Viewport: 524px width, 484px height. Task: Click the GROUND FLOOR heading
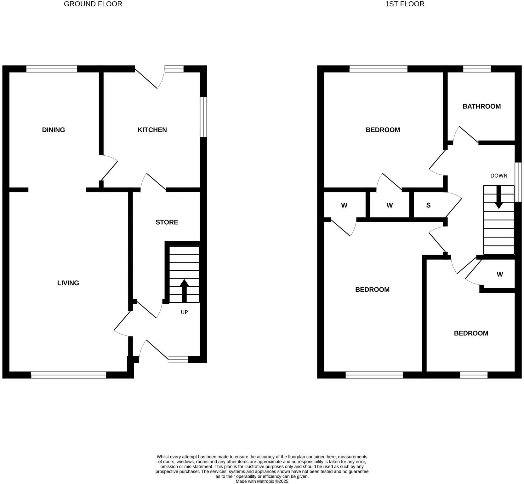pyautogui.click(x=93, y=4)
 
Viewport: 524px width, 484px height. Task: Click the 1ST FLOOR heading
pyautogui.click(x=405, y=4)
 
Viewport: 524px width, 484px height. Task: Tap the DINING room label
pyautogui.click(x=54, y=130)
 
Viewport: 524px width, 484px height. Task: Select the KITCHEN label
pyautogui.click(x=152, y=130)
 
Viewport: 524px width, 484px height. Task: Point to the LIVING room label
pyautogui.click(x=68, y=283)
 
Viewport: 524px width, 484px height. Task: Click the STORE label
pyautogui.click(x=167, y=222)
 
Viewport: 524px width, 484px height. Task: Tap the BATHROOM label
pyautogui.click(x=481, y=107)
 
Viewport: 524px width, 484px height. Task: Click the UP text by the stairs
pyautogui.click(x=184, y=312)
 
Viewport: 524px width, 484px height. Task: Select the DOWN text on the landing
pyautogui.click(x=499, y=176)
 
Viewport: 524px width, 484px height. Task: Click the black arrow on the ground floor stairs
pyautogui.click(x=184, y=290)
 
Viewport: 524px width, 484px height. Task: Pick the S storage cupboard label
pyautogui.click(x=428, y=205)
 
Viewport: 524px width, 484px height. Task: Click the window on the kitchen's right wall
pyautogui.click(x=204, y=117)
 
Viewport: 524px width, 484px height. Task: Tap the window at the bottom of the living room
pyautogui.click(x=69, y=375)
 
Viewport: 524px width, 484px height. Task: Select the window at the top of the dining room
pyautogui.click(x=52, y=69)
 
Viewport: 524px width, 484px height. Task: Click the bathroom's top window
pyautogui.click(x=477, y=69)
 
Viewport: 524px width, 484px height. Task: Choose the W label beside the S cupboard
pyautogui.click(x=390, y=205)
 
